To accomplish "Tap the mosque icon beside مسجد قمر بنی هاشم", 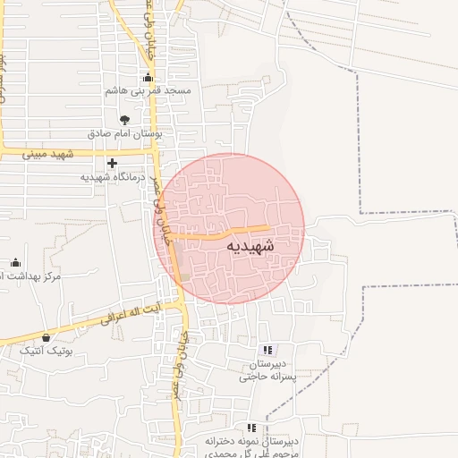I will [x=148, y=78].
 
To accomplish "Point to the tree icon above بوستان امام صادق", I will [x=124, y=120].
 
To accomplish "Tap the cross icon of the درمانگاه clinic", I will [x=112, y=163].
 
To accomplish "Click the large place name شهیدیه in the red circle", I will [x=250, y=244].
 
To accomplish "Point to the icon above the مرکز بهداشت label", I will [x=15, y=262].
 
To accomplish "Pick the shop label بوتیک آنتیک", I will [x=46, y=351].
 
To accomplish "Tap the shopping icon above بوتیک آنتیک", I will [x=46, y=337].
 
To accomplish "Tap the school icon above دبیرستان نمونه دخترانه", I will [x=251, y=428].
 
